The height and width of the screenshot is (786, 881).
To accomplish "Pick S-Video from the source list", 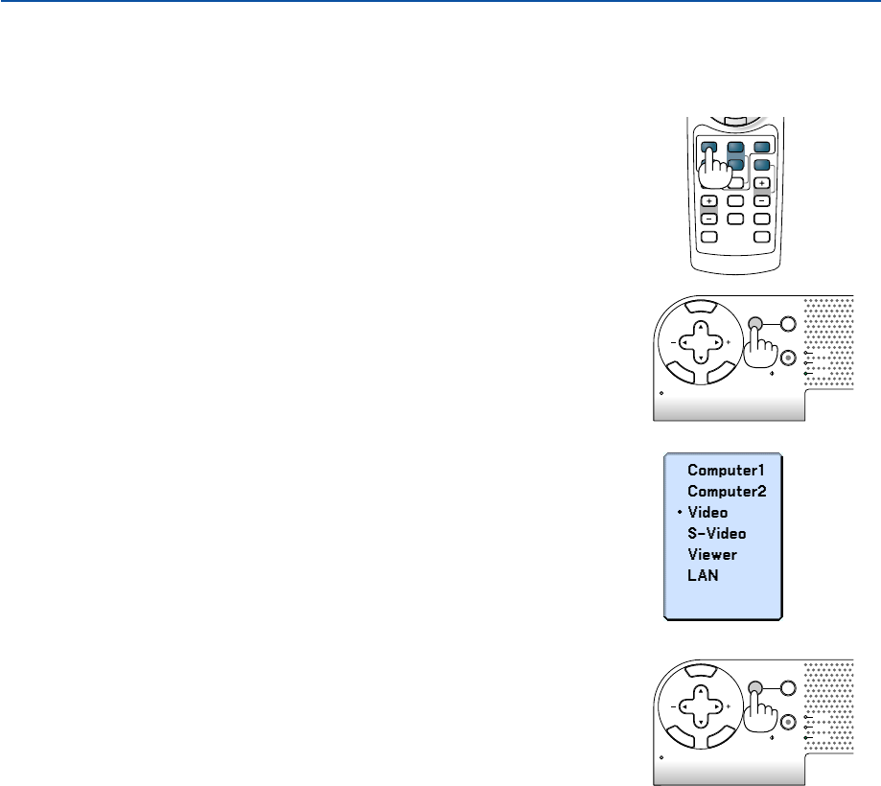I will coord(716,533).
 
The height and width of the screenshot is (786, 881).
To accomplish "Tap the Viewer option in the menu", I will coord(711,554).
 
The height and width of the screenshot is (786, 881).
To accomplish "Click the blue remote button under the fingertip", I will coord(709,150).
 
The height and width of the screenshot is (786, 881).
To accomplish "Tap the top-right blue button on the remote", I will coord(760,148).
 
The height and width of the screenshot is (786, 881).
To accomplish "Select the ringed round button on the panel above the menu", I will coord(787,358).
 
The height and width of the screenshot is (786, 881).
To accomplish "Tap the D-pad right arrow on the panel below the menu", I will coord(718,705).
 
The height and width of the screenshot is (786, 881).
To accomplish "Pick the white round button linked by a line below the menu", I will coord(787,687).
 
